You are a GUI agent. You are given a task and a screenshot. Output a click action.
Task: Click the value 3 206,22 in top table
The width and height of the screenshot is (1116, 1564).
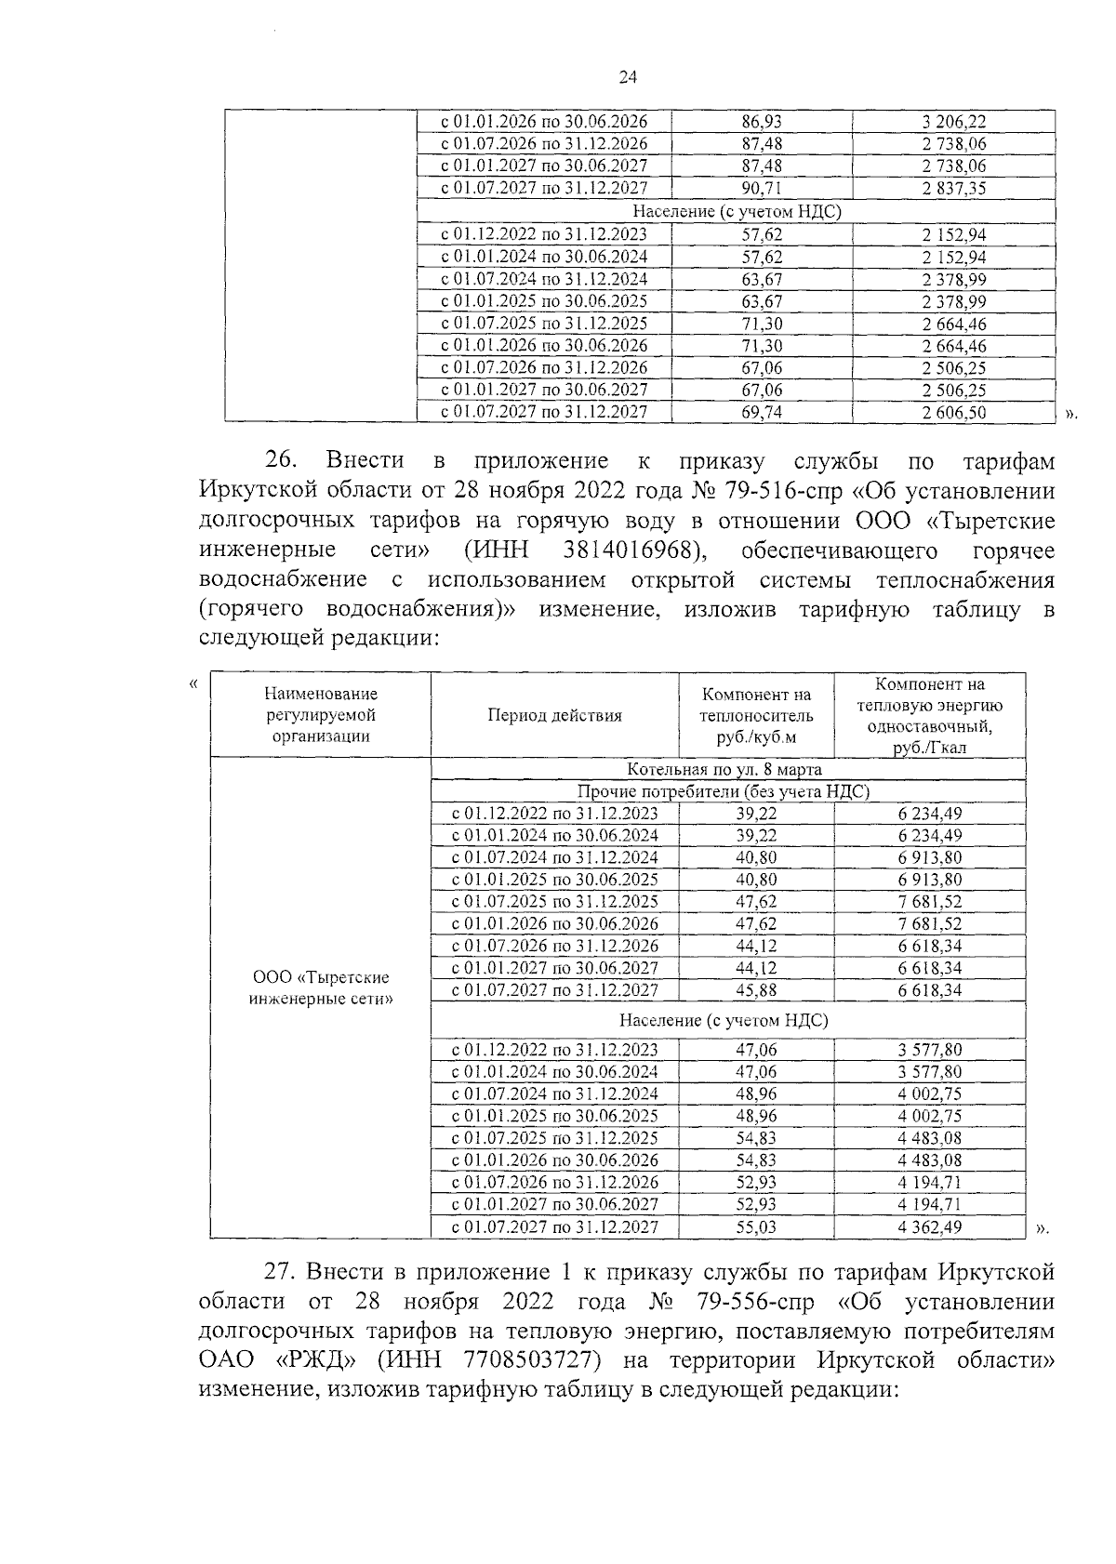pyautogui.click(x=954, y=122)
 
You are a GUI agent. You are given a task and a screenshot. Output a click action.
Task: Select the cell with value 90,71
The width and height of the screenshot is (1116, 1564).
pyautogui.click(x=762, y=189)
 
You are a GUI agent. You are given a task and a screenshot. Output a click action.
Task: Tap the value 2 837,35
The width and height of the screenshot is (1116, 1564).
pyautogui.click(x=954, y=189)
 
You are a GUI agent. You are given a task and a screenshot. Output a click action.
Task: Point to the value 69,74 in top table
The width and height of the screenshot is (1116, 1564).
pyautogui.click(x=762, y=413)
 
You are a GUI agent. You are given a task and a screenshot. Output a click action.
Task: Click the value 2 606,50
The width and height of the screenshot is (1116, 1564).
pyautogui.click(x=954, y=413)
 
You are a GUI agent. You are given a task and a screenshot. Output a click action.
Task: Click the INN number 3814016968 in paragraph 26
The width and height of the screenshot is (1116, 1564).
pyautogui.click(x=631, y=550)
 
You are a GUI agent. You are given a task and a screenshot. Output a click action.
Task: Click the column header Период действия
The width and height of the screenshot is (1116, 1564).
pyautogui.click(x=554, y=715)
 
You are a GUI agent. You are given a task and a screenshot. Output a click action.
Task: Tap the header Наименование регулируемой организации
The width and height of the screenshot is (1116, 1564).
pyautogui.click(x=321, y=715)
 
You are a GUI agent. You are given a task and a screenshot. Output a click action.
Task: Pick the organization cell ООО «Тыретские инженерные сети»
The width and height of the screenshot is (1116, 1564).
pyautogui.click(x=321, y=988)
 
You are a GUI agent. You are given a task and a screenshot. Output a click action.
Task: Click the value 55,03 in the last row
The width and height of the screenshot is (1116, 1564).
pyautogui.click(x=756, y=1227)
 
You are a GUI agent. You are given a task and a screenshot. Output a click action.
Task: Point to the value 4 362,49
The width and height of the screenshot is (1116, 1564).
pyautogui.click(x=929, y=1227)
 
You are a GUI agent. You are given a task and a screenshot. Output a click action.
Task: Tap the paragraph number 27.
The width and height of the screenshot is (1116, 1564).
pyautogui.click(x=281, y=1271)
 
